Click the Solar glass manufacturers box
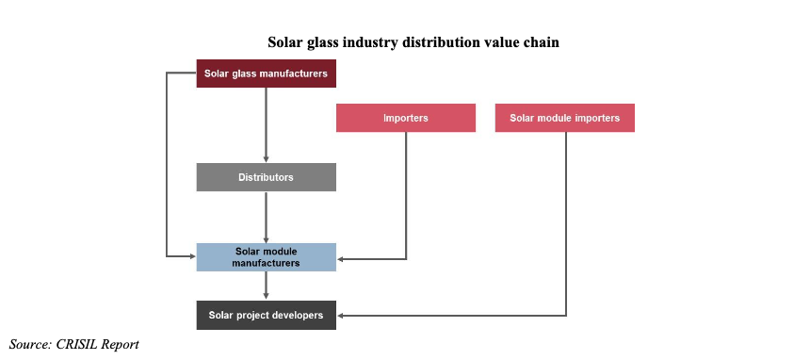point(266,74)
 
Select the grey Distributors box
point(266,177)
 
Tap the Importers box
point(405,118)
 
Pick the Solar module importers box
point(564,118)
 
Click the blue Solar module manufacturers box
point(266,257)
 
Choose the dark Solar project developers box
point(266,315)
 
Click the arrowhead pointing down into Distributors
point(267,158)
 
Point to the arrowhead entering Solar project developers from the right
point(341,315)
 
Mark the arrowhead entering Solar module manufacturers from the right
point(341,258)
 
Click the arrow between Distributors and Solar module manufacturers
point(267,216)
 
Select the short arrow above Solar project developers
point(267,286)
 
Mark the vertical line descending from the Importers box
point(406,193)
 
